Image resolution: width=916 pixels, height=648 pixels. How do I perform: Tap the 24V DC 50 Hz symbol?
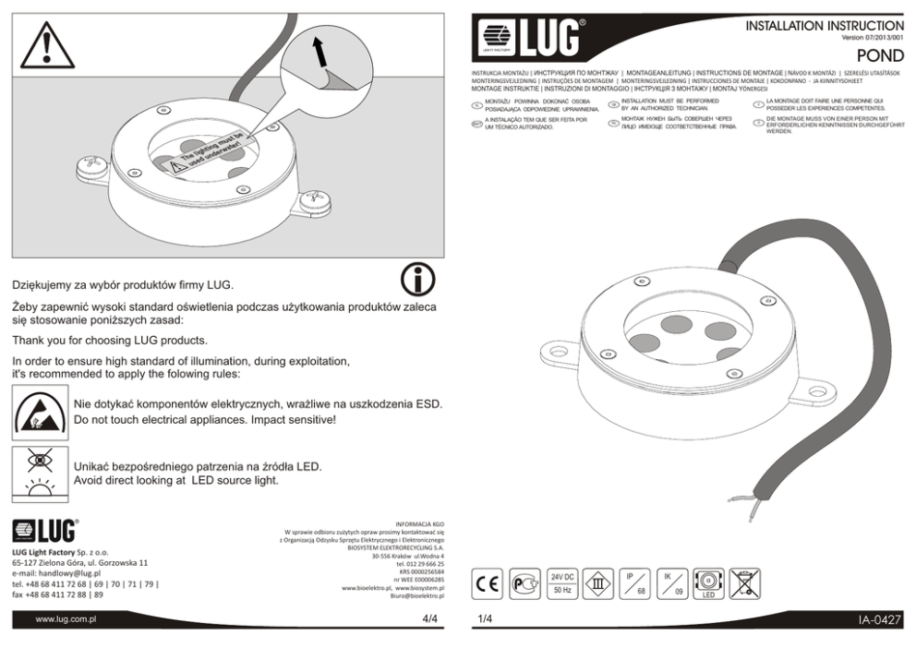(562, 582)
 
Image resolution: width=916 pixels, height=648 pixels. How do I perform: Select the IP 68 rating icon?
(635, 582)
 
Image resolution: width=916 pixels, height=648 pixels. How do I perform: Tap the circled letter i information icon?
(418, 282)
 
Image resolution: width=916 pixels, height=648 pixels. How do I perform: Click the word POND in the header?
(882, 56)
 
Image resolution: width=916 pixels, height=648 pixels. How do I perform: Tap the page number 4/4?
(429, 618)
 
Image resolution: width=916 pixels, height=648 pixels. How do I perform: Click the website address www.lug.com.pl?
(66, 619)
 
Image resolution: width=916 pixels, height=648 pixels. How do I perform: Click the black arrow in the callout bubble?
(319, 53)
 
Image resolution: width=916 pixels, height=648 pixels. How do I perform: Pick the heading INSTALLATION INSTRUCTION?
(825, 24)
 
